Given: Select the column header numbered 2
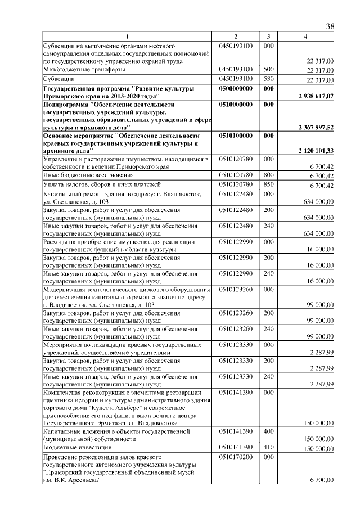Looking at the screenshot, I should (236, 37).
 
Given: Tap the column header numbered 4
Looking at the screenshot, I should (305, 37).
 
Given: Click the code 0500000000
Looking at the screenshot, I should (236, 89).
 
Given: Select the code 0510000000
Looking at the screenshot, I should (236, 105).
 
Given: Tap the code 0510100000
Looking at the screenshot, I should (236, 136).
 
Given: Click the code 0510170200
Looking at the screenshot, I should (236, 457).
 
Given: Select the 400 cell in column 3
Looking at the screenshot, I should (268, 431).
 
